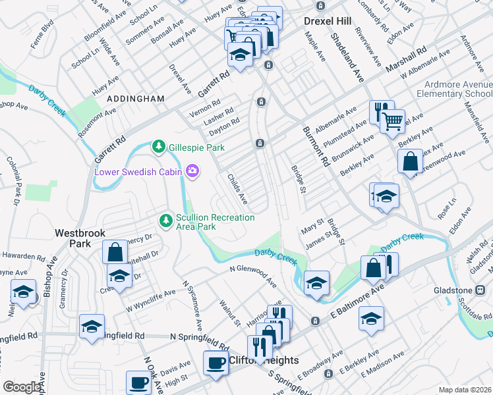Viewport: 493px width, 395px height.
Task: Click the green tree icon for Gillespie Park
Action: point(158,145)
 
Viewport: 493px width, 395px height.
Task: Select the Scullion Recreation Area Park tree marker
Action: point(166,219)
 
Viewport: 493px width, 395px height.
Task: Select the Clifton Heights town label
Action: point(264,360)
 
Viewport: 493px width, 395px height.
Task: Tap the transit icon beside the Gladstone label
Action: point(480,290)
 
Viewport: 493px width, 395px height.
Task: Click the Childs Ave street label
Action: point(237,188)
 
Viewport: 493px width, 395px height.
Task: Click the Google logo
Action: point(22,387)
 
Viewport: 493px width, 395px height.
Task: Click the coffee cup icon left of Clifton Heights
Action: point(215,363)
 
